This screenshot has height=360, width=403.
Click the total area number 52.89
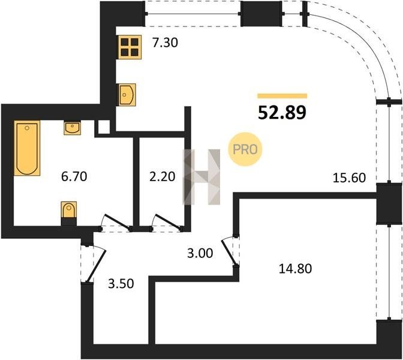pyautogui.click(x=282, y=113)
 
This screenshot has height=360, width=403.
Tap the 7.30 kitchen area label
pyautogui.click(x=165, y=43)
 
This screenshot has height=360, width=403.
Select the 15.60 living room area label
pyautogui.click(x=349, y=178)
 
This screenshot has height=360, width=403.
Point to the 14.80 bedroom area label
pyautogui.click(x=295, y=269)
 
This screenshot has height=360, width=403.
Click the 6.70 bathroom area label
pyautogui.click(x=74, y=176)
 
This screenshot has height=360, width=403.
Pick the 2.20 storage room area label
pyautogui.click(x=162, y=176)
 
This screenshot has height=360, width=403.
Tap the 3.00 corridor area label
pyautogui.click(x=200, y=253)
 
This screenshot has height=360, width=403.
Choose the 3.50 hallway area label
pyautogui.click(x=121, y=284)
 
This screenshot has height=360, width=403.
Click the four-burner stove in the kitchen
pyautogui.click(x=130, y=47)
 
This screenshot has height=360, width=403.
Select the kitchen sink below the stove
pyautogui.click(x=126, y=95)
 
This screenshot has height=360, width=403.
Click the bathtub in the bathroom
pyautogui.click(x=27, y=148)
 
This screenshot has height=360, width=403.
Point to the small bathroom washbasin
pyautogui.click(x=72, y=128)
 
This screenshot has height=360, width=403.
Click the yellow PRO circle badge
pyautogui.click(x=245, y=149)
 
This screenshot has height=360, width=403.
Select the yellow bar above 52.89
pyautogui.click(x=282, y=96)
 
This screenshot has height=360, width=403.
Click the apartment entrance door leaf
pyautogui.click(x=97, y=266)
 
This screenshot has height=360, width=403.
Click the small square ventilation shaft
pyautogui.click(x=104, y=127)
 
